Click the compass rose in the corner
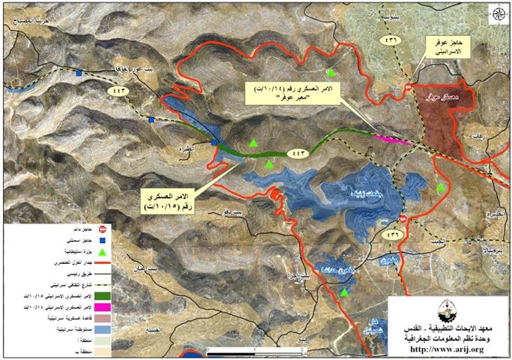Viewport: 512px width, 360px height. (x=496, y=13)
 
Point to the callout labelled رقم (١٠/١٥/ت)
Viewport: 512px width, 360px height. (x=168, y=198)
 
